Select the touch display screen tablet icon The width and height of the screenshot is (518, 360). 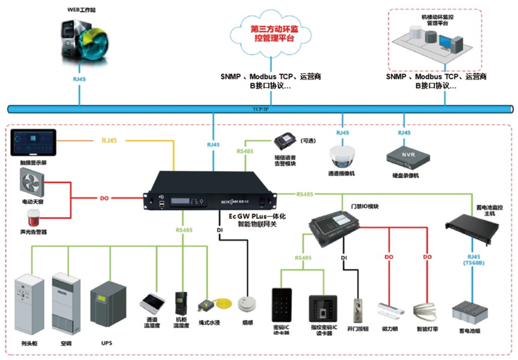click(x=33, y=144)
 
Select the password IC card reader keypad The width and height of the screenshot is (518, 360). click(x=282, y=307)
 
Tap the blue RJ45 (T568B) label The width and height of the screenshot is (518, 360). click(x=473, y=259)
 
